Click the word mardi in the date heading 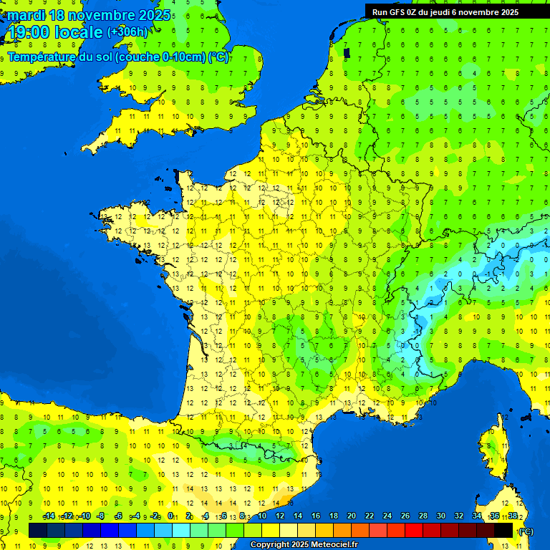[x=25, y=15]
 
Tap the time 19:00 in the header [x=29, y=32]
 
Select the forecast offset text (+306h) [x=127, y=32]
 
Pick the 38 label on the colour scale [x=513, y=516]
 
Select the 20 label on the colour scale [x=352, y=516]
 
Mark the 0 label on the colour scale [x=170, y=516]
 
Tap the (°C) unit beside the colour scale [x=525, y=531]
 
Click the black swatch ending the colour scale [x=503, y=530]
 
